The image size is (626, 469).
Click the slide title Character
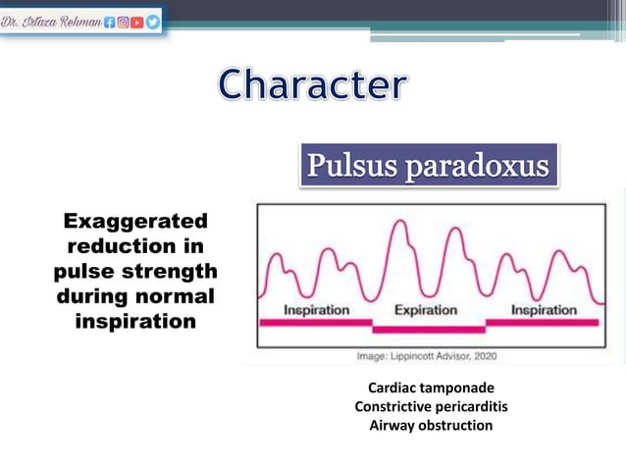click(310, 85)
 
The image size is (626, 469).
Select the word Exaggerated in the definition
click(135, 220)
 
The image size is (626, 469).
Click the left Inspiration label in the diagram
click(317, 310)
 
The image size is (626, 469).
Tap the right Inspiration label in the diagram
click(544, 310)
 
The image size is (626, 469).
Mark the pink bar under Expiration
click(429, 330)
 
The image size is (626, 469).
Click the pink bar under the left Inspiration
click(316, 322)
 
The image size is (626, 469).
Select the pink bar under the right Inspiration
click(543, 322)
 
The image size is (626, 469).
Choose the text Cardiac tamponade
click(431, 388)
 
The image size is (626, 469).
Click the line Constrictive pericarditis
click(431, 406)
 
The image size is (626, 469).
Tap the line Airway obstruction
click(431, 425)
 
